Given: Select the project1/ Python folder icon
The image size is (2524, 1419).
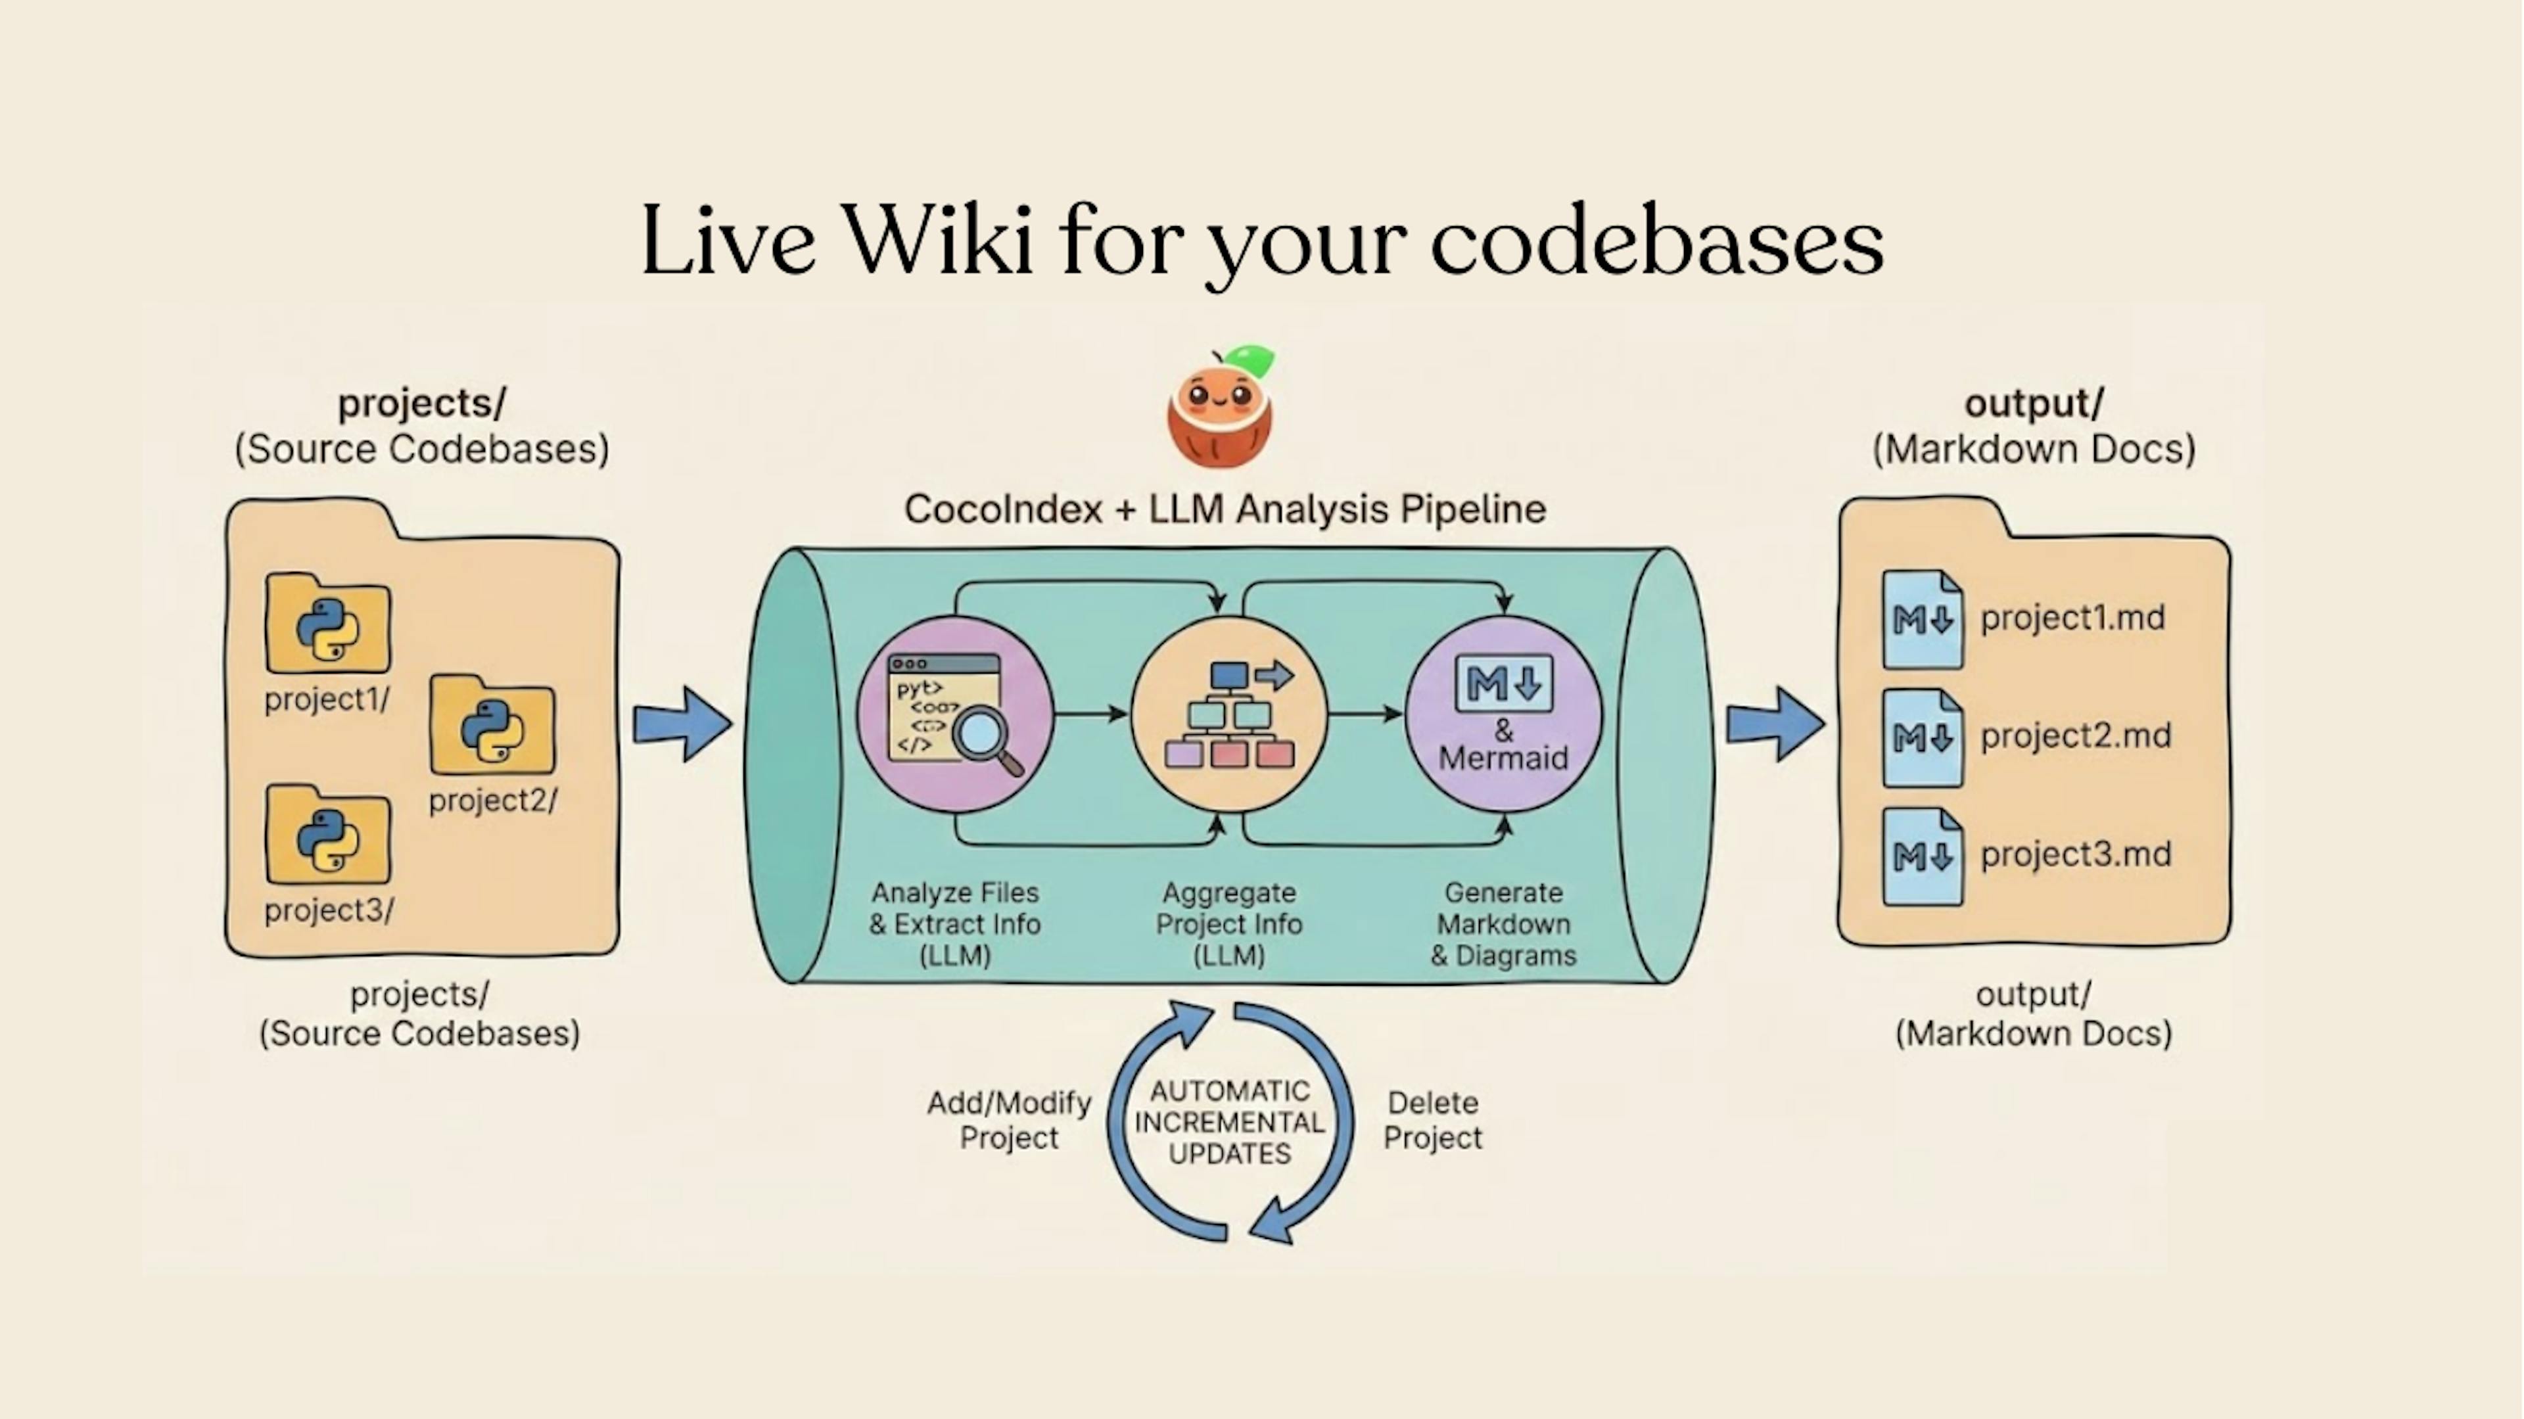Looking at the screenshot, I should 328,625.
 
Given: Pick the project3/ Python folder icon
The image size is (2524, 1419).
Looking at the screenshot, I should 328,836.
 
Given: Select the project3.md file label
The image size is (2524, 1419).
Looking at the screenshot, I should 2075,854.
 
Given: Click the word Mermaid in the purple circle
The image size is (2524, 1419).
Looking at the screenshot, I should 1503,758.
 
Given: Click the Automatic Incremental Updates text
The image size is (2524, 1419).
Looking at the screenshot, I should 1230,1122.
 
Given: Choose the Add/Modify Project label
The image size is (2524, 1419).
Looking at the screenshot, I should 1009,1120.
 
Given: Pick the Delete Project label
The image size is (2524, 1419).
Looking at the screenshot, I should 1432,1120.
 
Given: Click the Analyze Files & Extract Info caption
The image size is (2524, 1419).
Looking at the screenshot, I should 955,923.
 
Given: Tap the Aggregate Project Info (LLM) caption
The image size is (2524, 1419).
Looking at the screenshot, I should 1228,923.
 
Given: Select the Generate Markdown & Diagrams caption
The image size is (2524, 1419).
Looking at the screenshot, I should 1503,923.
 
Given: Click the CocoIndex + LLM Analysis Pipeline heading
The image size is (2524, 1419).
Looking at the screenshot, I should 1225,509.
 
